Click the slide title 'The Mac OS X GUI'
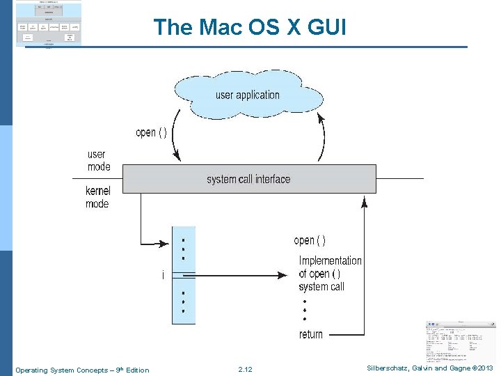click(x=249, y=27)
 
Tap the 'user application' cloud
click(x=247, y=95)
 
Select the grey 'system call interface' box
click(x=248, y=179)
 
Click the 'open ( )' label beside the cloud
click(x=151, y=132)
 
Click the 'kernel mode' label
click(x=97, y=197)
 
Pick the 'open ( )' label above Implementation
click(x=310, y=240)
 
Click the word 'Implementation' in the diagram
click(x=330, y=260)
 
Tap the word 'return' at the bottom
click(x=311, y=334)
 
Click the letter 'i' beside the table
click(x=163, y=276)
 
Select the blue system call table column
click(x=184, y=276)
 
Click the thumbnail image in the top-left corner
click(x=48, y=24)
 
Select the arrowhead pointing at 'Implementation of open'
click(x=283, y=275)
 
